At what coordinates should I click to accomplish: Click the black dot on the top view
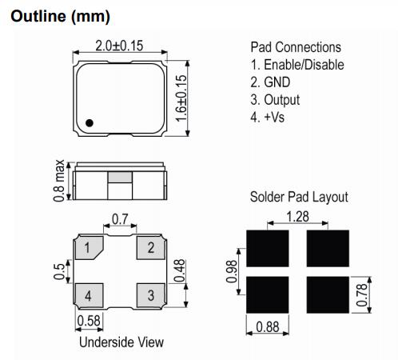click(x=90, y=123)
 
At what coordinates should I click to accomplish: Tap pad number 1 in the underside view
click(x=89, y=248)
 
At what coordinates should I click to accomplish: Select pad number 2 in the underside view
click(x=150, y=248)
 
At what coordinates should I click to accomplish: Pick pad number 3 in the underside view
click(x=150, y=295)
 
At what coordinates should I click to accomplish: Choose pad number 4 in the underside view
click(x=89, y=295)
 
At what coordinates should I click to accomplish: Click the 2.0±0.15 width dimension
click(x=119, y=46)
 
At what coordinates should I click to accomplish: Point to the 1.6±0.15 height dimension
click(x=181, y=98)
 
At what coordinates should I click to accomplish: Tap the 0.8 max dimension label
click(x=59, y=181)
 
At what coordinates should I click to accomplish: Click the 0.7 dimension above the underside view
click(x=120, y=219)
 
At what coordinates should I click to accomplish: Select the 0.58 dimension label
click(x=89, y=321)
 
